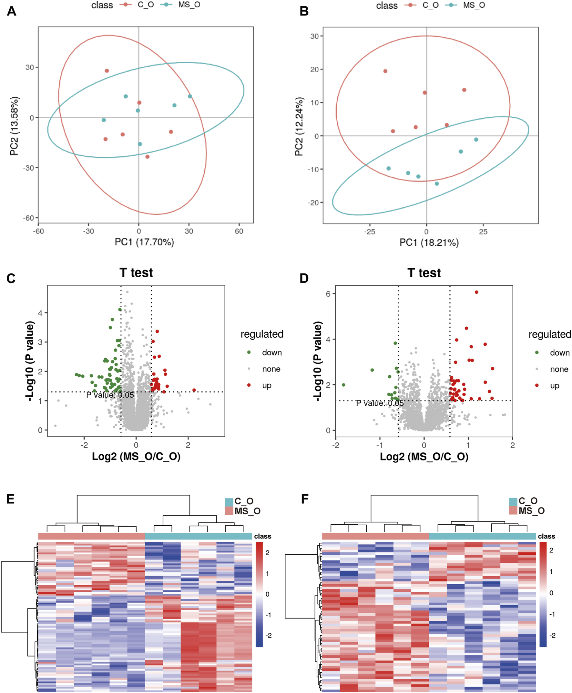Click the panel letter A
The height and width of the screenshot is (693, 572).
(12, 11)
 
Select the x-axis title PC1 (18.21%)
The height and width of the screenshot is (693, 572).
(429, 243)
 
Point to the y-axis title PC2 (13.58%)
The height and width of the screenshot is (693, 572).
(15, 126)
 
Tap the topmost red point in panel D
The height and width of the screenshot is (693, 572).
(476, 292)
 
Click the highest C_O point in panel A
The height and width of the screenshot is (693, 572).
(107, 71)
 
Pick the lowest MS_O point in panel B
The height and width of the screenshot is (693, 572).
(437, 184)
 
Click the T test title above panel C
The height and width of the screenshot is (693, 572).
(136, 272)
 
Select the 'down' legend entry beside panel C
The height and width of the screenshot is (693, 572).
(271, 352)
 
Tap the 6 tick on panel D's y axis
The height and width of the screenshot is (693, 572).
(328, 294)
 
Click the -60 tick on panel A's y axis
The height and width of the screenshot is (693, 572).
(28, 218)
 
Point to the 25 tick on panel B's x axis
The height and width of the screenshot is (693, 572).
(483, 232)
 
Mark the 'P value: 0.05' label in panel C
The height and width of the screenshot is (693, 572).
(110, 395)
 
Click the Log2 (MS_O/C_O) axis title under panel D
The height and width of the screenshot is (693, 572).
(424, 456)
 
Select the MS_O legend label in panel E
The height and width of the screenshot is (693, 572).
(248, 511)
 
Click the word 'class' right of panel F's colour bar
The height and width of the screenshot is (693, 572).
(546, 536)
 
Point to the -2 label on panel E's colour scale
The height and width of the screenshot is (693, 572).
(269, 635)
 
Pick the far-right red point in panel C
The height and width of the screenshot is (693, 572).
(194, 390)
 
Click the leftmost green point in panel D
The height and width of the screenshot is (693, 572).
(344, 385)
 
